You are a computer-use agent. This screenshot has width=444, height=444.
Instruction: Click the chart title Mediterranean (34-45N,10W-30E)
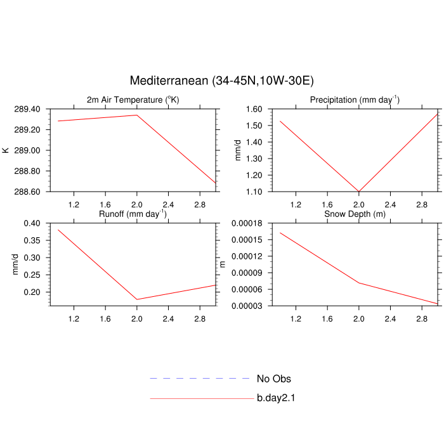pyautogui.click(x=222, y=81)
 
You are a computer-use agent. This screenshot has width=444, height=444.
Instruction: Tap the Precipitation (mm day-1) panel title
pyautogui.click(x=355, y=100)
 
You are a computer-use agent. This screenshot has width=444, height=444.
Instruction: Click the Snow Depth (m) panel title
pyautogui.click(x=355, y=214)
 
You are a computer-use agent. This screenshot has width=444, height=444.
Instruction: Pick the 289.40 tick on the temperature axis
pyautogui.click(x=27, y=109)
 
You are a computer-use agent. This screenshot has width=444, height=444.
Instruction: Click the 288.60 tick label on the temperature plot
pyautogui.click(x=27, y=192)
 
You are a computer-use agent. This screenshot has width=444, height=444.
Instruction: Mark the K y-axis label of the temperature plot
pyautogui.click(x=6, y=150)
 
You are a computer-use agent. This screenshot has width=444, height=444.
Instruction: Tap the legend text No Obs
pyautogui.click(x=274, y=379)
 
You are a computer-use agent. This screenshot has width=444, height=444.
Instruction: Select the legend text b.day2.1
pyautogui.click(x=277, y=398)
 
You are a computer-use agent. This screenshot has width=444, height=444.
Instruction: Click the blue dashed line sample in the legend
pyautogui.click(x=200, y=379)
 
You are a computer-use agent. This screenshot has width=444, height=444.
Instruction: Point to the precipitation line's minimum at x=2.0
pyautogui.click(x=359, y=191)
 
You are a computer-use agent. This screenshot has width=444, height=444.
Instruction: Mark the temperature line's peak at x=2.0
pyautogui.click(x=136, y=115)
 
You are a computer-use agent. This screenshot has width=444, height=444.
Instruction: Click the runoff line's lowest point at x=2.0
pyautogui.click(x=137, y=299)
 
